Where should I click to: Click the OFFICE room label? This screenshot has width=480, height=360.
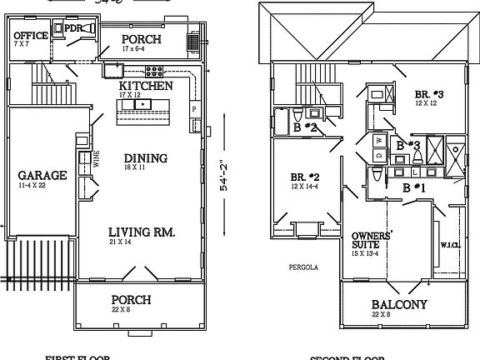click(x=31, y=35)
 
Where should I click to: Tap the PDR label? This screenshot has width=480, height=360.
click(x=74, y=27)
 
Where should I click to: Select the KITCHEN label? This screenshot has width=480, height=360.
click(x=146, y=86)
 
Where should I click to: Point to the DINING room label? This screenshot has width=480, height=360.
click(x=146, y=158)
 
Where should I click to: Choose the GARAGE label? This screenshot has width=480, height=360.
click(x=42, y=176)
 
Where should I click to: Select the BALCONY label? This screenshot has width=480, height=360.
click(x=399, y=305)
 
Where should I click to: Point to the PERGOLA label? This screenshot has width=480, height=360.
click(x=299, y=268)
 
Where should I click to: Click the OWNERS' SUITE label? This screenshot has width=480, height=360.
click(x=372, y=241)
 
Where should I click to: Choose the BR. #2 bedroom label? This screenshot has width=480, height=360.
click(x=305, y=177)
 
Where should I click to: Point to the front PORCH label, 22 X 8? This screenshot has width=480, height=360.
click(x=131, y=299)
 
